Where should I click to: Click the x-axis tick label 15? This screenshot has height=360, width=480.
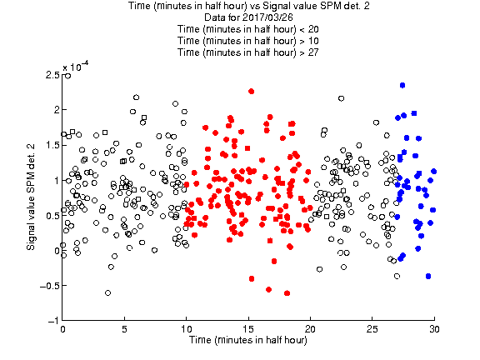(x=248, y=329)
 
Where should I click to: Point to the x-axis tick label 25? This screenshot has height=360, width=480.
(x=372, y=329)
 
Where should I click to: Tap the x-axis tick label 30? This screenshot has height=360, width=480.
(x=434, y=329)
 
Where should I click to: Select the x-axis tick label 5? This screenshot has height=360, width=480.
(x=124, y=329)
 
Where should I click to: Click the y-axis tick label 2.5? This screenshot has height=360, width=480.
(x=52, y=75)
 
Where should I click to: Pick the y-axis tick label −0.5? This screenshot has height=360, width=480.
(x=50, y=286)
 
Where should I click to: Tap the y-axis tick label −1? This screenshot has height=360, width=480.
(x=53, y=321)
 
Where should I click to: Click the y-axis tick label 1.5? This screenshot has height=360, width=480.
(x=52, y=145)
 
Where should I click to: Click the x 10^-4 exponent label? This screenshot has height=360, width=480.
(x=76, y=67)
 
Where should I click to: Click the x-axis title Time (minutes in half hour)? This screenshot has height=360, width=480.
(x=248, y=340)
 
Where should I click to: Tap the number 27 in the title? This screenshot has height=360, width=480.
(x=313, y=52)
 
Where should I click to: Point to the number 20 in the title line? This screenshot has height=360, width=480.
(x=313, y=29)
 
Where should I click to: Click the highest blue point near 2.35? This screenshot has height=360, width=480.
(x=402, y=85)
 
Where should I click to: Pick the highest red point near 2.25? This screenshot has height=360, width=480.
(x=252, y=91)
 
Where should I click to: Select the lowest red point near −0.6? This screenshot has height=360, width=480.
(x=287, y=293)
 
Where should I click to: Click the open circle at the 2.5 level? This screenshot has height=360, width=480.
(x=67, y=76)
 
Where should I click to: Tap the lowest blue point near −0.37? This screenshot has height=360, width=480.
(x=428, y=276)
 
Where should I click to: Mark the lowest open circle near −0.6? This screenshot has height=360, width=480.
(x=107, y=293)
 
